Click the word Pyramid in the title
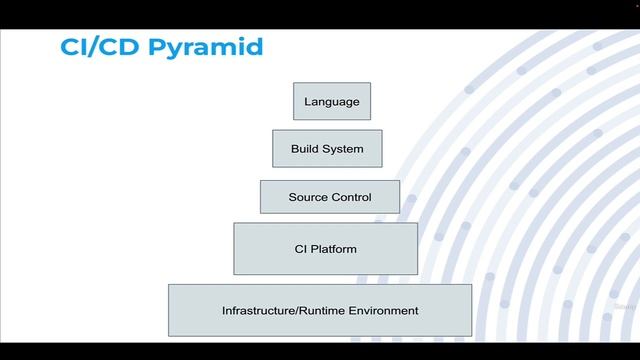pyautogui.click(x=209, y=48)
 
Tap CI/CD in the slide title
pyautogui.click(x=91, y=48)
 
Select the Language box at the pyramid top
pyautogui.click(x=331, y=101)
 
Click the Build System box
pyautogui.click(x=328, y=148)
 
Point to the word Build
pyautogui.click(x=305, y=149)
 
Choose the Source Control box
pyautogui.click(x=329, y=196)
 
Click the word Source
pyautogui.click(x=308, y=197)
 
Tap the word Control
pyautogui.click(x=351, y=197)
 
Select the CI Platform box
pyautogui.click(x=325, y=248)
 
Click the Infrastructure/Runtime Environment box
pyautogui.click(x=320, y=310)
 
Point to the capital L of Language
pyautogui.click(x=307, y=102)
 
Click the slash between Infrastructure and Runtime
pyautogui.click(x=293, y=310)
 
